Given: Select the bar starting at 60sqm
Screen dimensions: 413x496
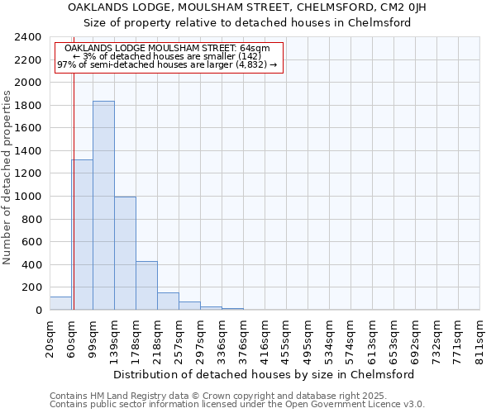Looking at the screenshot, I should pyautogui.click(x=82, y=235).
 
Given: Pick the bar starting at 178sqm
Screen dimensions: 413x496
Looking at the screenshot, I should pyautogui.click(x=146, y=286).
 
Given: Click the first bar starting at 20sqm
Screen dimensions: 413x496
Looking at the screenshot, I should pyautogui.click(x=60, y=303).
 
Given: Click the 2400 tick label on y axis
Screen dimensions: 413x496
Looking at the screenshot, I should pyautogui.click(x=29, y=38).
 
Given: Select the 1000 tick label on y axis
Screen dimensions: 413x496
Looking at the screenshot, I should pyautogui.click(x=29, y=197).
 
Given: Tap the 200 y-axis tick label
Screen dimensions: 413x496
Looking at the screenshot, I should pyautogui.click(x=32, y=287).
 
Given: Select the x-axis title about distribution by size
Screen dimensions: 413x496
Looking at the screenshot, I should pyautogui.click(x=265, y=374).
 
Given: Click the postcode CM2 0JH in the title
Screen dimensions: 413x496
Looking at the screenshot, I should pyautogui.click(x=425, y=7).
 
